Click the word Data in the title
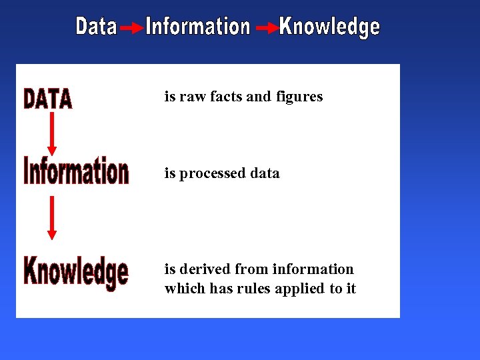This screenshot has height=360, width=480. pos(96,27)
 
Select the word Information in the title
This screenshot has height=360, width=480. pos(198,27)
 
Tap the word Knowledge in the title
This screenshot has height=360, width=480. pos(329,27)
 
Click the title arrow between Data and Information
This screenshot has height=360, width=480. pos(131,29)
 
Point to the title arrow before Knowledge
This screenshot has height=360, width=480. pos(267,29)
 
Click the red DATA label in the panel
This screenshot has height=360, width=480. pos(48,99)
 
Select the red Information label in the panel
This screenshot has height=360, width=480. pos(76,171)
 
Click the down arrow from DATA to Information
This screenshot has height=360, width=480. pos(52,133)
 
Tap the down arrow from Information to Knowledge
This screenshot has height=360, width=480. pos(52,217)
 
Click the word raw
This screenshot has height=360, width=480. pos(193,97)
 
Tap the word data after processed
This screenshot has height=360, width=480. pos(265,173)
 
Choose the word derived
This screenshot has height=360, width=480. pos(204,269)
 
